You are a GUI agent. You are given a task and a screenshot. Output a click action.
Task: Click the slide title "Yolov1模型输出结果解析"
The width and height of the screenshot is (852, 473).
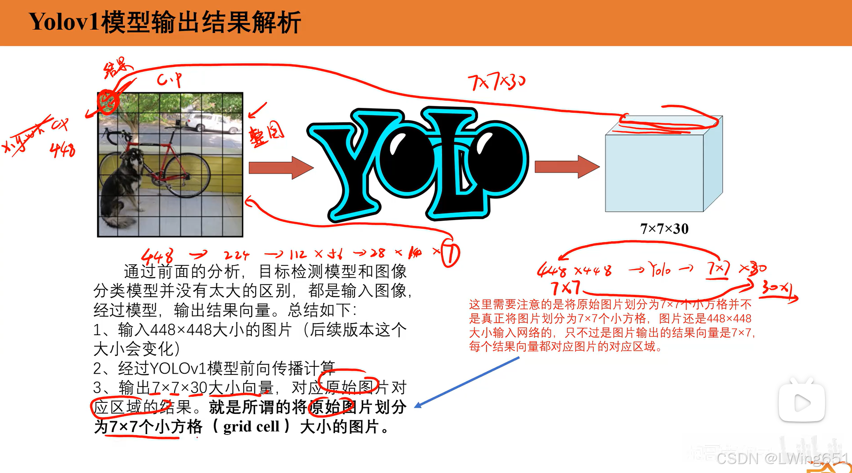pyautogui.click(x=165, y=22)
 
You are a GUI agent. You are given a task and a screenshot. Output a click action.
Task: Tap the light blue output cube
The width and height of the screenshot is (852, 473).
pyautogui.click(x=655, y=171)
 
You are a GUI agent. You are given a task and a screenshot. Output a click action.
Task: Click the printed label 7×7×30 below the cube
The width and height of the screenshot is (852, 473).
pyautogui.click(x=664, y=229)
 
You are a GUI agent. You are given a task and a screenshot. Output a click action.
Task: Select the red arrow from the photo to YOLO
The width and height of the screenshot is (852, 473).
pyautogui.click(x=280, y=167)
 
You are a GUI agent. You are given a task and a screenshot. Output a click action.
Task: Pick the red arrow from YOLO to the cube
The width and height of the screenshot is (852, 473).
pyautogui.click(x=566, y=167)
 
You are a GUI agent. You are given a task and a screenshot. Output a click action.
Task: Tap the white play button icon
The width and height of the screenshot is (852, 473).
pyautogui.click(x=801, y=402)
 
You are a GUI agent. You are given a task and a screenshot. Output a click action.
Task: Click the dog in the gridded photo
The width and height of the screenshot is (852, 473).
pyautogui.click(x=122, y=188)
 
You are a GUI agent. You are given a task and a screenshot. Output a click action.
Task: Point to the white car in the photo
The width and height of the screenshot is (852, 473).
pyautogui.click(x=206, y=122)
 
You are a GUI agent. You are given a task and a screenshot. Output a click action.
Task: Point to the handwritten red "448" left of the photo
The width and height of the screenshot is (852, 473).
pyautogui.click(x=63, y=150)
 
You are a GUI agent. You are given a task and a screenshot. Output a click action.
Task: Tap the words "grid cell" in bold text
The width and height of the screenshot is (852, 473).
pyautogui.click(x=251, y=427)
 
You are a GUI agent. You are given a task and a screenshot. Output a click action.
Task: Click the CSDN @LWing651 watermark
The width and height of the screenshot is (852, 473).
pyautogui.click(x=783, y=458)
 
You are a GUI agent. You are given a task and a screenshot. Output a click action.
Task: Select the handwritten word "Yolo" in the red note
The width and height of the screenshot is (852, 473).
pyautogui.click(x=660, y=270)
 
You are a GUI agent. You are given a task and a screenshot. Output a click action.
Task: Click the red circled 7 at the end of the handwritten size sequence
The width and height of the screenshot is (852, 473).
pyautogui.click(x=450, y=254)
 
